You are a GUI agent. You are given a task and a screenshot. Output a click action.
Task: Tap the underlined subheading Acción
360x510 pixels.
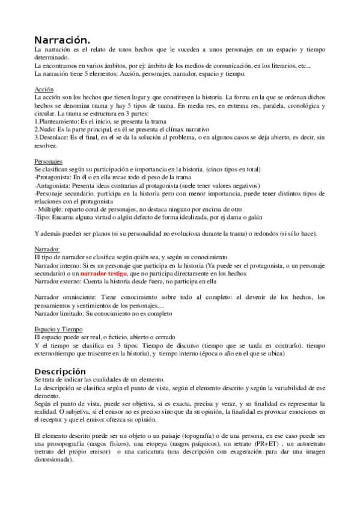point(44,88)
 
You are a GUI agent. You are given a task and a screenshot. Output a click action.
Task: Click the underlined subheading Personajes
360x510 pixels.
point(49,162)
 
